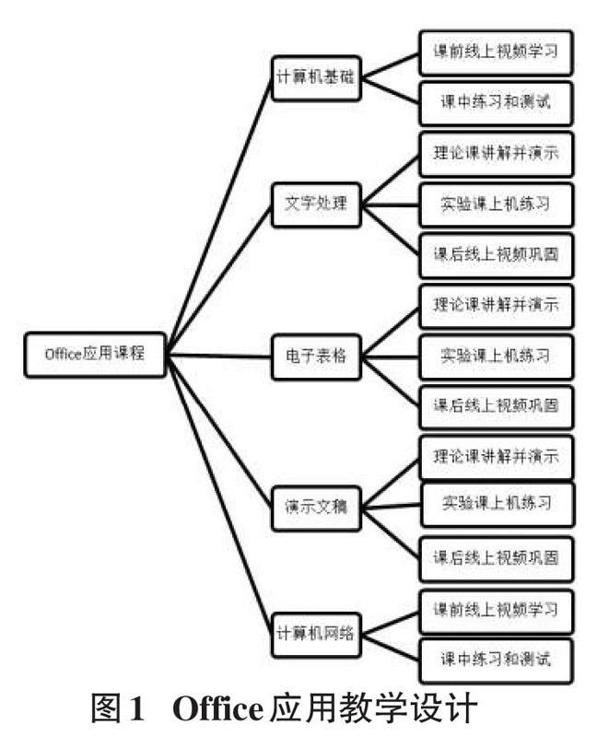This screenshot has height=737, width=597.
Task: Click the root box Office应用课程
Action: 95,354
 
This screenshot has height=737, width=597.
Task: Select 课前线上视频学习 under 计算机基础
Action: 496,53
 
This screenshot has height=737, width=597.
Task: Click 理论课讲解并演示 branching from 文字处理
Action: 496,153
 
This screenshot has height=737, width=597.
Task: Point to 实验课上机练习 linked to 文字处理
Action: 496,204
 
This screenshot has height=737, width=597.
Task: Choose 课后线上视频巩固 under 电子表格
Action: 496,404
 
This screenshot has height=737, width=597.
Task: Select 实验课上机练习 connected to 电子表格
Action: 496,354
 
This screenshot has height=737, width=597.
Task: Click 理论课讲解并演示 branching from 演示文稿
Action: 496,454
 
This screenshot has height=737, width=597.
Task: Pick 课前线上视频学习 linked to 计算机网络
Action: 496,609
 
